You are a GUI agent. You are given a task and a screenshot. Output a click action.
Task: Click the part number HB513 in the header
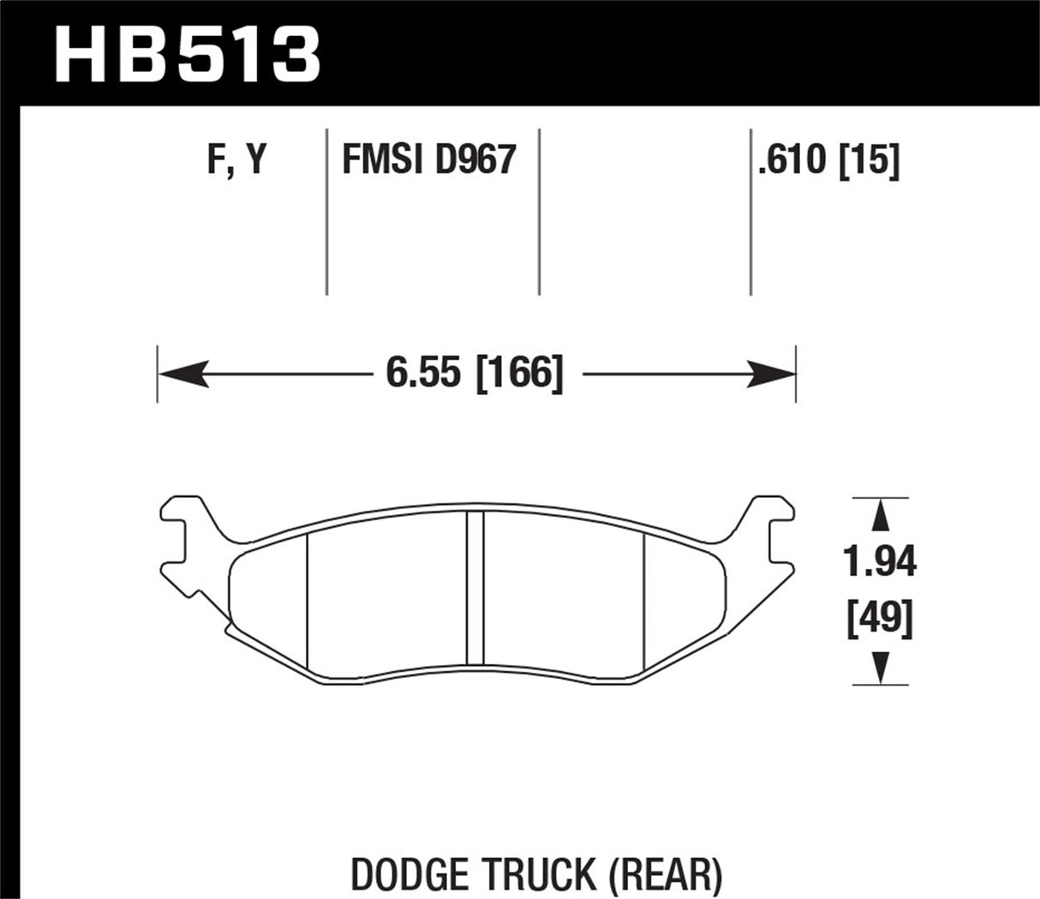tap(187, 54)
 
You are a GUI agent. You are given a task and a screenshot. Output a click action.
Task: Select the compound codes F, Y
tap(236, 159)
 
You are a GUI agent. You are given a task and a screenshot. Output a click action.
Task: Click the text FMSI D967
tap(428, 159)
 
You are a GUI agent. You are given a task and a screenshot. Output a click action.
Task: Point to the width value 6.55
tap(422, 375)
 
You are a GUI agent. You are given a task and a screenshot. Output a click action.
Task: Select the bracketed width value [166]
tap(518, 375)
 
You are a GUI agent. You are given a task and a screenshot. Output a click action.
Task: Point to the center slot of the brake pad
tap(475, 587)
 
